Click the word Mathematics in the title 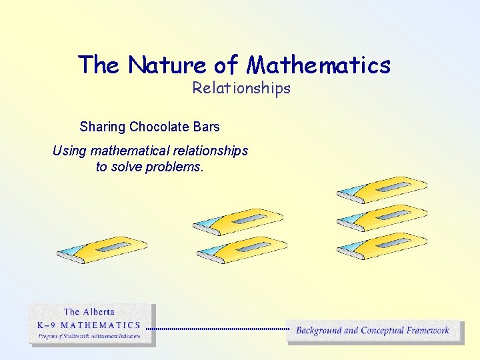click(x=319, y=65)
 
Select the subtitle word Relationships click(x=241, y=88)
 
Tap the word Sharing click(x=103, y=126)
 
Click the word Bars click(x=205, y=126)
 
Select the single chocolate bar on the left click(x=101, y=249)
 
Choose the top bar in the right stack click(x=382, y=189)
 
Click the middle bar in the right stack click(x=382, y=217)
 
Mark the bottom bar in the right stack click(x=382, y=245)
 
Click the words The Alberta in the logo click(x=89, y=312)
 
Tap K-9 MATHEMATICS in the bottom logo click(x=89, y=325)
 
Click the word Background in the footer click(x=319, y=330)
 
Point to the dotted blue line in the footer click(x=217, y=329)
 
